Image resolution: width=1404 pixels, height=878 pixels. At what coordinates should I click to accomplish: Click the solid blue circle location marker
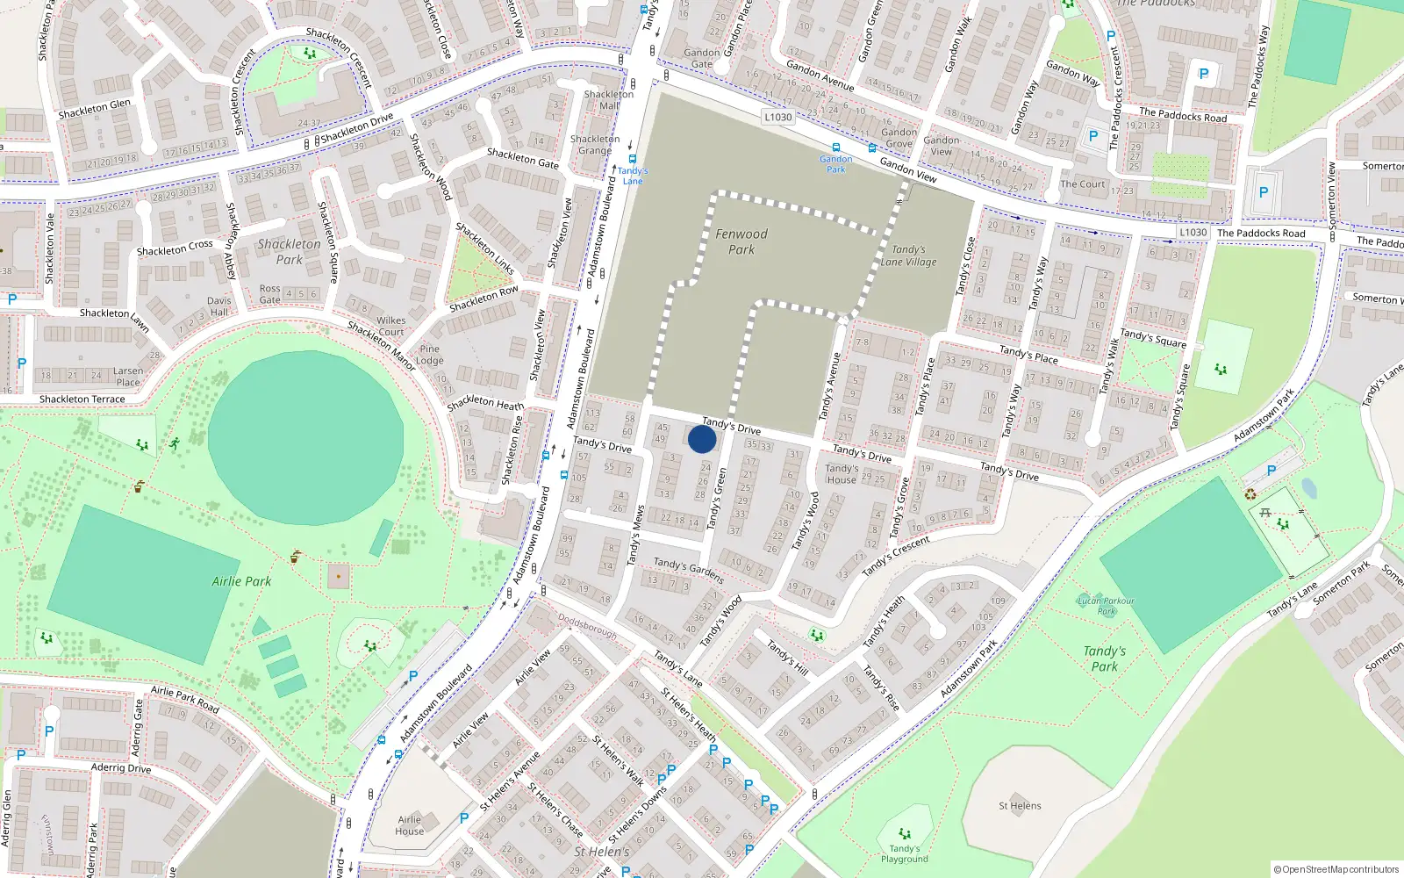[701, 439]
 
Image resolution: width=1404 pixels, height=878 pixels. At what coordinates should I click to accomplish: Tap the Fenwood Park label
[741, 241]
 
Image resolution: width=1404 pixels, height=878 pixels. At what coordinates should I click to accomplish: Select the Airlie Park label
[241, 581]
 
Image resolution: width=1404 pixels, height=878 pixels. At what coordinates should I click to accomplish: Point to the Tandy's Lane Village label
[908, 255]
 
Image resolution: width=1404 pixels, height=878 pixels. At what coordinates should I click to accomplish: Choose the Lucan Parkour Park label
[1106, 606]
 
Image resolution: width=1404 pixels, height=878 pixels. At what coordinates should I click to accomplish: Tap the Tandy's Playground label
[904, 853]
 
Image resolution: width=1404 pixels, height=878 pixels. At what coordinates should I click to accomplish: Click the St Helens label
[1020, 806]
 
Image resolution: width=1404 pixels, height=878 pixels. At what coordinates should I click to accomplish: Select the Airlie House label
[409, 825]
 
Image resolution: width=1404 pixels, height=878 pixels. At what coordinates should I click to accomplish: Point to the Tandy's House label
[841, 474]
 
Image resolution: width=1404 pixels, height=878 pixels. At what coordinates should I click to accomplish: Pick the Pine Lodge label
[429, 355]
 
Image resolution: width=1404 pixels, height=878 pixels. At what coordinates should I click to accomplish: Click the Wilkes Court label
[391, 326]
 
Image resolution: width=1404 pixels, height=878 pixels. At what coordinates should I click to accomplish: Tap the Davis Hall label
[219, 306]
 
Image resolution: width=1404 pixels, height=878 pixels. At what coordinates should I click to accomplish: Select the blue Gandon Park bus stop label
[835, 164]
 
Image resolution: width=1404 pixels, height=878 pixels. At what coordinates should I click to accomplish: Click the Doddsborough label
[587, 625]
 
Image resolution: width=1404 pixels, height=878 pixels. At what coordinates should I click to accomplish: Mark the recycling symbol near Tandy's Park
[1250, 494]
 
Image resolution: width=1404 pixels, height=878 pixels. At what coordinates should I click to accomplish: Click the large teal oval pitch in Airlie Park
[306, 430]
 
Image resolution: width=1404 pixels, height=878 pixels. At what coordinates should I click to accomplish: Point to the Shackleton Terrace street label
[82, 399]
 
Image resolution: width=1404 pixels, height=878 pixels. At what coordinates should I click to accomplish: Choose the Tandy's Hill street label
[787, 657]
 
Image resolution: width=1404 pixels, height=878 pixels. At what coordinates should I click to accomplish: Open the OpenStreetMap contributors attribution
[1336, 870]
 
